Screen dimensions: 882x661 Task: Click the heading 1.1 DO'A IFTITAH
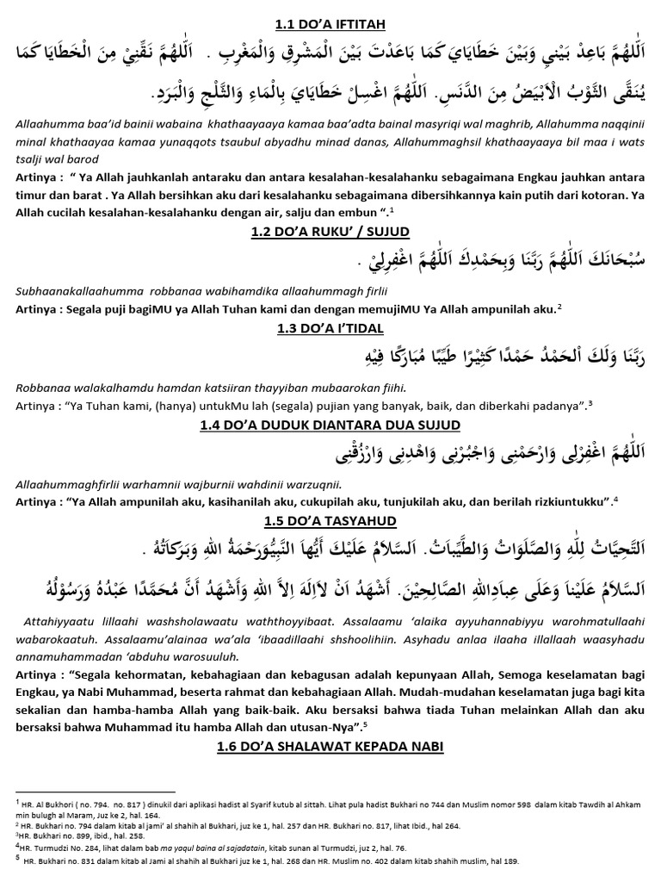pos(330,10)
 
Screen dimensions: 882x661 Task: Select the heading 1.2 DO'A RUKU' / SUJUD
pos(330,233)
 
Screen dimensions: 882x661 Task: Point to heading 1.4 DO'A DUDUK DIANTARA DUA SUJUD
pos(330,425)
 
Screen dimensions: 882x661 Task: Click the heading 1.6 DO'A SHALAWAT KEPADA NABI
pos(330,747)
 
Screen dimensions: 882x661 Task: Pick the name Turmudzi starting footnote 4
pos(44,848)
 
